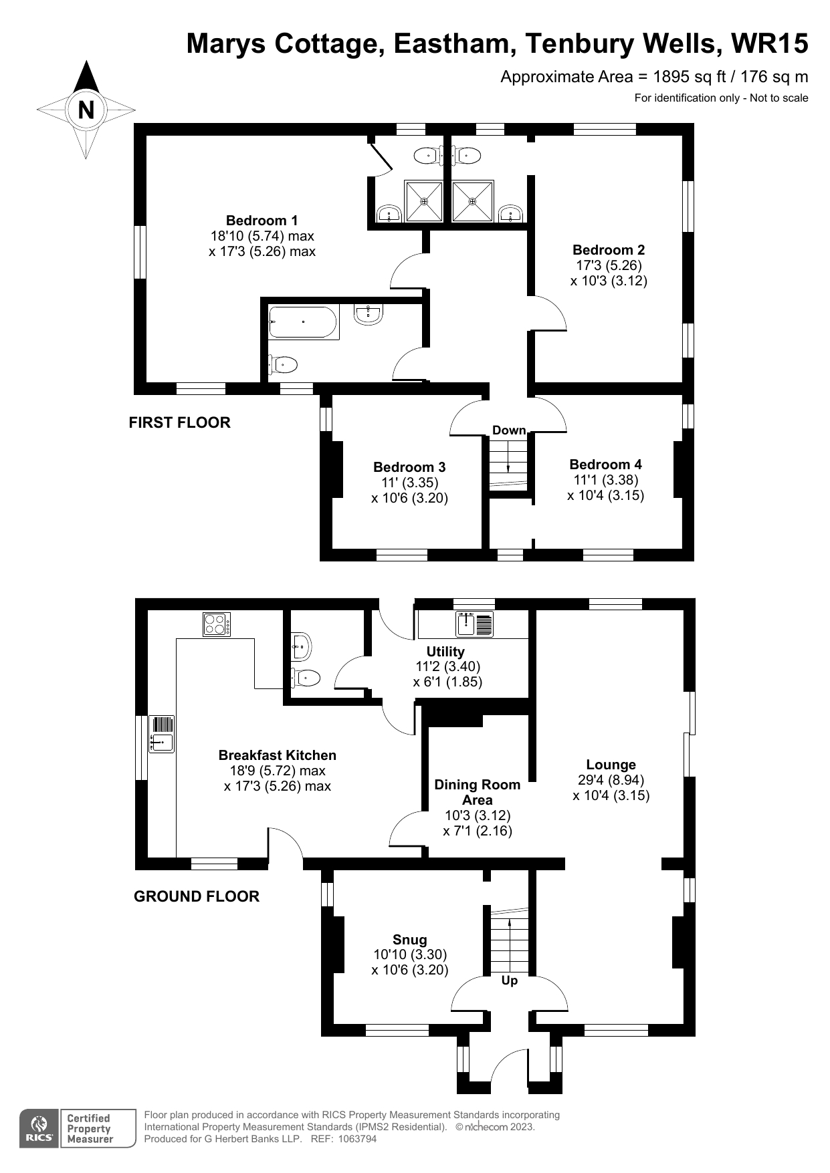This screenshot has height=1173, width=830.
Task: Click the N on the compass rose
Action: [x=86, y=110]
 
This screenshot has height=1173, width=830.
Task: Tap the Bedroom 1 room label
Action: [x=262, y=221]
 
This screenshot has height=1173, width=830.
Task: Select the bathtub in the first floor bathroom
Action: [x=303, y=322]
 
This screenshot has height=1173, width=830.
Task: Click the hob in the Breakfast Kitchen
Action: [x=217, y=624]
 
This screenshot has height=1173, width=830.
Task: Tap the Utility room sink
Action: [x=466, y=624]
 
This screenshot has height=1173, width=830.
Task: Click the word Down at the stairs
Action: [x=509, y=430]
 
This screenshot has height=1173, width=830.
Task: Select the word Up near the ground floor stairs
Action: [x=510, y=981]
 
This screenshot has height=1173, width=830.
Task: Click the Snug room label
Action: [x=409, y=940]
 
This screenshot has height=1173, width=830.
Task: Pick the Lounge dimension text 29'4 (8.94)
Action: [x=611, y=780]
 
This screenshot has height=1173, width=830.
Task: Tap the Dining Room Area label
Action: [x=477, y=792]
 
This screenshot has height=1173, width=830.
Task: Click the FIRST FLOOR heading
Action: [x=179, y=422]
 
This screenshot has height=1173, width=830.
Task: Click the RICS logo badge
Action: [x=39, y=1129]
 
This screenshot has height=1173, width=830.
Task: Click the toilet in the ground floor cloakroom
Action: [x=307, y=678]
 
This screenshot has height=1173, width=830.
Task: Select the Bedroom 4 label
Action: [x=605, y=465]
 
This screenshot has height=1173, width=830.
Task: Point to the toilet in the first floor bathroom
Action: [x=284, y=365]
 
